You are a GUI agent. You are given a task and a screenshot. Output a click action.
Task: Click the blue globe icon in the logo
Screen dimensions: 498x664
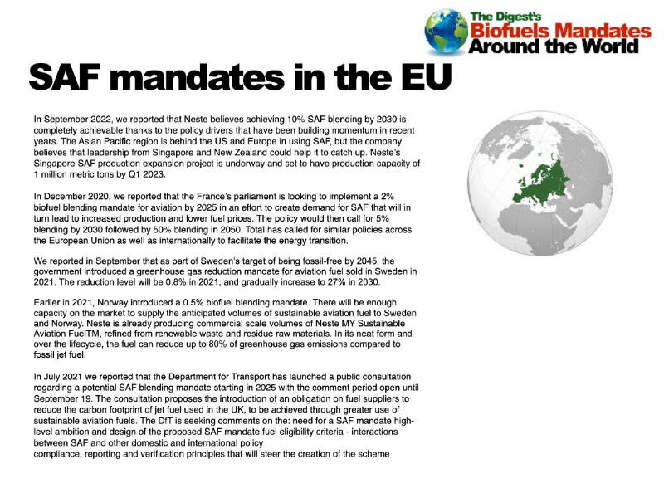447,32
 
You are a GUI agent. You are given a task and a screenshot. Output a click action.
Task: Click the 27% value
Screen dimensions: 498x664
326,282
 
